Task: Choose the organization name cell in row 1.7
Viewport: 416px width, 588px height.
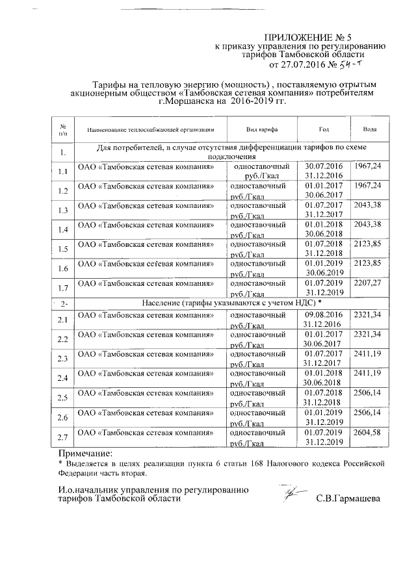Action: [146, 283]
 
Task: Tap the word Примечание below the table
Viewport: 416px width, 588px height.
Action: [84, 452]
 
